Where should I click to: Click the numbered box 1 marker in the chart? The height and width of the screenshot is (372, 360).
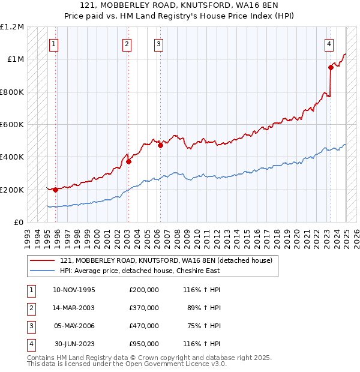tap(54, 43)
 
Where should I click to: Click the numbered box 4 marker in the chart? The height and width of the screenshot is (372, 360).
tap(329, 43)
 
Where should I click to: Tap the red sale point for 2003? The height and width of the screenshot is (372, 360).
tap(128, 161)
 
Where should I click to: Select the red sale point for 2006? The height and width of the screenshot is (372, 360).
tap(160, 145)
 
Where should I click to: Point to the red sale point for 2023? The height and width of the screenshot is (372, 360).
tap(331, 67)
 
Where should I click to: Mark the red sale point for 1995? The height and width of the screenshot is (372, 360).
tap(55, 190)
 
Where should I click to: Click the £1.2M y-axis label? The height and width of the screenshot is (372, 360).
tap(12, 27)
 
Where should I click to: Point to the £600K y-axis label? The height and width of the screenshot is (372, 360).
tap(12, 125)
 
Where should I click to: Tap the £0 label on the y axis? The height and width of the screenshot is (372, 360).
tap(19, 222)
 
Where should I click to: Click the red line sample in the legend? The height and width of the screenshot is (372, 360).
tap(43, 260)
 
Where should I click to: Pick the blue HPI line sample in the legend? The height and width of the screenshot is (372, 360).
tap(43, 271)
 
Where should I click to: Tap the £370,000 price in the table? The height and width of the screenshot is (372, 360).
tap(143, 308)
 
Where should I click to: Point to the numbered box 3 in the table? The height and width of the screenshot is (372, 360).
tap(31, 326)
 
